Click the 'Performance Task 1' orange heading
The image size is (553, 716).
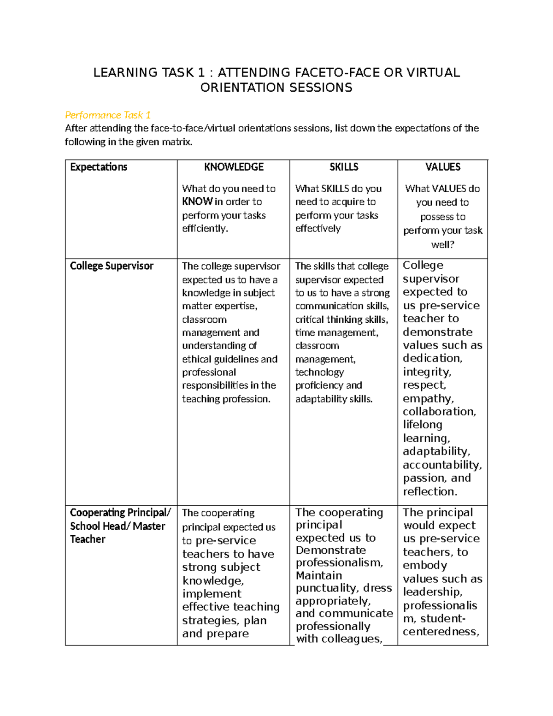click(108, 115)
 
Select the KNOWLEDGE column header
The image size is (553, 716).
click(234, 167)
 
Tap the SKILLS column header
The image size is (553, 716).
click(344, 167)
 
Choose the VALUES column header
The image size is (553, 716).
click(443, 167)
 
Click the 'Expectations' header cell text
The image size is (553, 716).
click(99, 167)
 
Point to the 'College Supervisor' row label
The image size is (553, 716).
click(112, 266)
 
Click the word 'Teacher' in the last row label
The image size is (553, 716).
click(88, 539)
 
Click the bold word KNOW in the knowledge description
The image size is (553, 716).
click(197, 201)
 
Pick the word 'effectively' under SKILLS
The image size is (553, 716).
click(318, 228)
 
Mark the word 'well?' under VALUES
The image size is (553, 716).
click(443, 244)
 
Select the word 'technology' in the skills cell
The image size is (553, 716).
click(319, 372)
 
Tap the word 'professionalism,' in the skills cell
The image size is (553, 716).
click(340, 562)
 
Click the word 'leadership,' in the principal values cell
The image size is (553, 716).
click(433, 592)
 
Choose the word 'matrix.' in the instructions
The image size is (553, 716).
click(176, 142)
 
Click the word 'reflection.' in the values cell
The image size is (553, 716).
click(430, 491)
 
